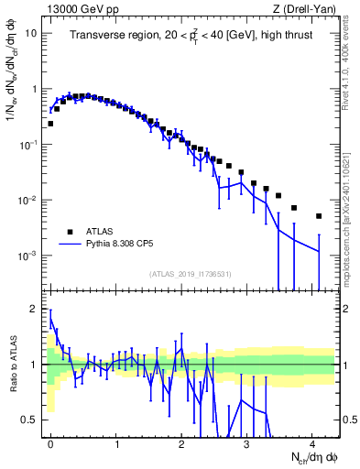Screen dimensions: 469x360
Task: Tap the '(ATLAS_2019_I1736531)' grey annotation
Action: click(191, 274)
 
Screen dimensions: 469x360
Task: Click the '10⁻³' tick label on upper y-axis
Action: click(29, 256)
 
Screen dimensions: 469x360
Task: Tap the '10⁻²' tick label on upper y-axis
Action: click(29, 201)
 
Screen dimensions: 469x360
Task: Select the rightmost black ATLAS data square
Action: click(319, 216)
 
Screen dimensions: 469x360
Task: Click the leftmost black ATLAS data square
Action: click(50, 123)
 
